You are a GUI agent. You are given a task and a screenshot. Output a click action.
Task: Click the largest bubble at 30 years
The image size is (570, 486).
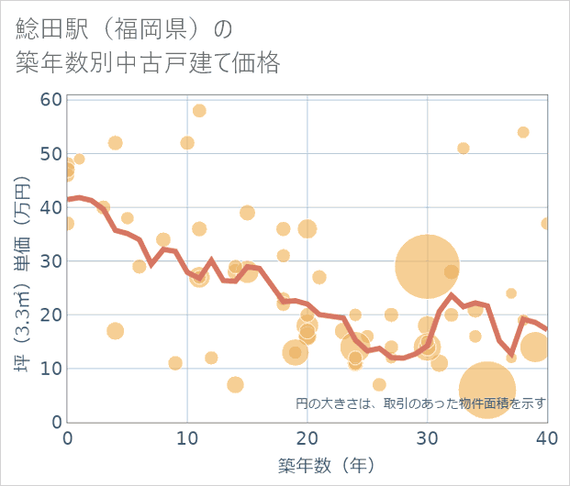coord(427,266)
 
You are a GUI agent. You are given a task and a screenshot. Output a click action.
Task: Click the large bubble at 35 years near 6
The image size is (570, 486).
coord(487,390)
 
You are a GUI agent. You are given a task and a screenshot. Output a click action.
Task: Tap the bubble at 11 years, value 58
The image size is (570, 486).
coord(199,111)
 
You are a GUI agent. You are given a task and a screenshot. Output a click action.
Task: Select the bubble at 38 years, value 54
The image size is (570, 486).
coord(523,132)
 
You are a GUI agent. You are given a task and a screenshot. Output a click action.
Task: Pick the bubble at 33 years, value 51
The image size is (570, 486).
coord(464,149)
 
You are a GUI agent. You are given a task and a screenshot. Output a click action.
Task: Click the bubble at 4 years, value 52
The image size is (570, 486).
coord(115,143)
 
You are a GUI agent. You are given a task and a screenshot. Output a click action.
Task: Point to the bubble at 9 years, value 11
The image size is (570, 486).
coord(175,363)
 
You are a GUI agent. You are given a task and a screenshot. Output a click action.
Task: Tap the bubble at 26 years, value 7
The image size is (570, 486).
coord(379,384)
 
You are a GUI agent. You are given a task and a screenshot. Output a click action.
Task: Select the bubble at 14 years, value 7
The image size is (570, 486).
coord(235,384)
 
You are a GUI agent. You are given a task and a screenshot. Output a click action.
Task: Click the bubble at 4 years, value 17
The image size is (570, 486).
coord(115,331)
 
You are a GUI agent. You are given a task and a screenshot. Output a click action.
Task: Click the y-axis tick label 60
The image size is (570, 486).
coord(51,100)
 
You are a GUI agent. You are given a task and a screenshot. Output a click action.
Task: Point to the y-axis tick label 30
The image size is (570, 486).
coord(51,261)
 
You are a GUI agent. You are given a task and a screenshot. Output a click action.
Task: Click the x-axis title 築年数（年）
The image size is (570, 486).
coord(326,466)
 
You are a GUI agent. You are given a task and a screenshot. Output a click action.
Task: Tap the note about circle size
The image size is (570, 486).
coord(420,403)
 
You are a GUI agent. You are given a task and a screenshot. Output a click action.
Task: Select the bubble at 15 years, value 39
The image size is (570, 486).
coord(247,213)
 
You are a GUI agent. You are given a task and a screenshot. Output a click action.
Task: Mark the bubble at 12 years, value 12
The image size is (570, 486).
coord(211,358)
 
